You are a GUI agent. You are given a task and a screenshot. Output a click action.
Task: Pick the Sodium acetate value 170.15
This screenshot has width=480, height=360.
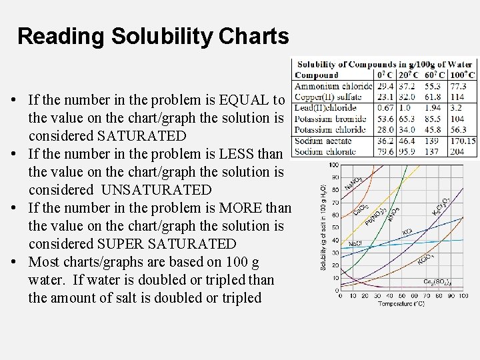click(x=463, y=141)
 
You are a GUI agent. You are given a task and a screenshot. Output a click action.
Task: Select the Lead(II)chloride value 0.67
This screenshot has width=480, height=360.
click(x=385, y=108)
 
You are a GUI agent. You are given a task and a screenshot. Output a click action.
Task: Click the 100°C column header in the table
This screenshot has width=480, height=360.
click(x=462, y=75)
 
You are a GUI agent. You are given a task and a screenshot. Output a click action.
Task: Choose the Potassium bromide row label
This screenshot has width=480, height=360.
click(x=330, y=119)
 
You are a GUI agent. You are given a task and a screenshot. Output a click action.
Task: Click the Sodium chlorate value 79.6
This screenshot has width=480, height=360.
click(x=385, y=151)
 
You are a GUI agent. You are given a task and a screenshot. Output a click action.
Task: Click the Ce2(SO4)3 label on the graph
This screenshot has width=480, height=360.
click(x=437, y=282)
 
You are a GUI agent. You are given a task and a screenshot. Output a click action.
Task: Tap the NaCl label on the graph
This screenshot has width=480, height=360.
click(x=355, y=244)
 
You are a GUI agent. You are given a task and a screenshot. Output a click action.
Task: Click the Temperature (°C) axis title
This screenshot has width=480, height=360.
click(x=401, y=304)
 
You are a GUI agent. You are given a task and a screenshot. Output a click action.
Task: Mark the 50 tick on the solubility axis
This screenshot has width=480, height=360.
click(x=335, y=228)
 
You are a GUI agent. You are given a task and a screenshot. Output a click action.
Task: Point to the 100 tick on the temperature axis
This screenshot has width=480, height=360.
click(x=463, y=296)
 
